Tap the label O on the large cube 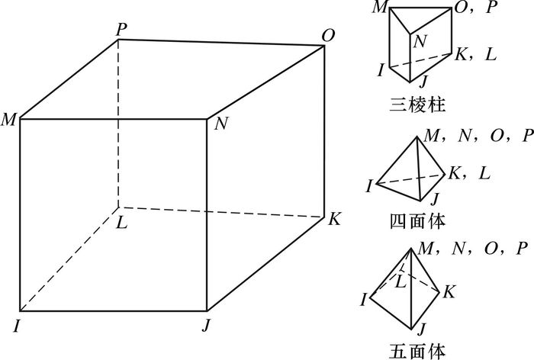[328, 35]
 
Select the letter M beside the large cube [10, 120]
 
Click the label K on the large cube [334, 219]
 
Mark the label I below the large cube [16, 326]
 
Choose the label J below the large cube [207, 326]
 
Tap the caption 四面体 [417, 221]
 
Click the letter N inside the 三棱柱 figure [420, 41]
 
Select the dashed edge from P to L [118, 122]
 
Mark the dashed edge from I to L [69, 259]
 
